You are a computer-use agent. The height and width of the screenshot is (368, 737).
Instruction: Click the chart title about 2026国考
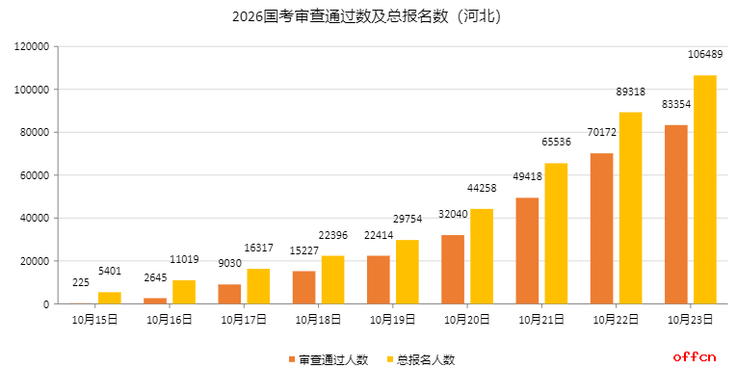(367, 16)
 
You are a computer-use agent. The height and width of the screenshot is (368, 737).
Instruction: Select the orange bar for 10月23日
(675, 214)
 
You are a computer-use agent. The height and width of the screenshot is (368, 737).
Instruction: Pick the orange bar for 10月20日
(453, 269)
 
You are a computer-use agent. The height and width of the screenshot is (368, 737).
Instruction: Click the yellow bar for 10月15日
(110, 298)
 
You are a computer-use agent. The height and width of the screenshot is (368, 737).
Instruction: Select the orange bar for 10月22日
(601, 228)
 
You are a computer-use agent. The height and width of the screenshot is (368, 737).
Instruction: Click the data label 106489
(705, 54)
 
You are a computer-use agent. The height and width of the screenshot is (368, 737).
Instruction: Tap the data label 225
(81, 282)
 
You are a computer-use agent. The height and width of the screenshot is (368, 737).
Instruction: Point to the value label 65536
(556, 142)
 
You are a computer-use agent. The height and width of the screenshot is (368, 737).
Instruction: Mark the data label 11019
(184, 259)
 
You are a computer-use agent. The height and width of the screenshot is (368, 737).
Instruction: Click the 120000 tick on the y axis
(32, 46)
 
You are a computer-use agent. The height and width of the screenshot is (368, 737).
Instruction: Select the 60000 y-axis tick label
(35, 175)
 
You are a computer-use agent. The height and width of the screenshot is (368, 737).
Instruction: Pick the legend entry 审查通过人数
(328, 359)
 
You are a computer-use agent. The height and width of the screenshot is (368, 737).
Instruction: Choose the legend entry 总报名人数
(420, 359)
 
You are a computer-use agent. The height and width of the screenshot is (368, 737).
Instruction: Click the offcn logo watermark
(695, 357)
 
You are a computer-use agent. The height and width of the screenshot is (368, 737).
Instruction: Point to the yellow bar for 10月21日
(556, 233)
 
